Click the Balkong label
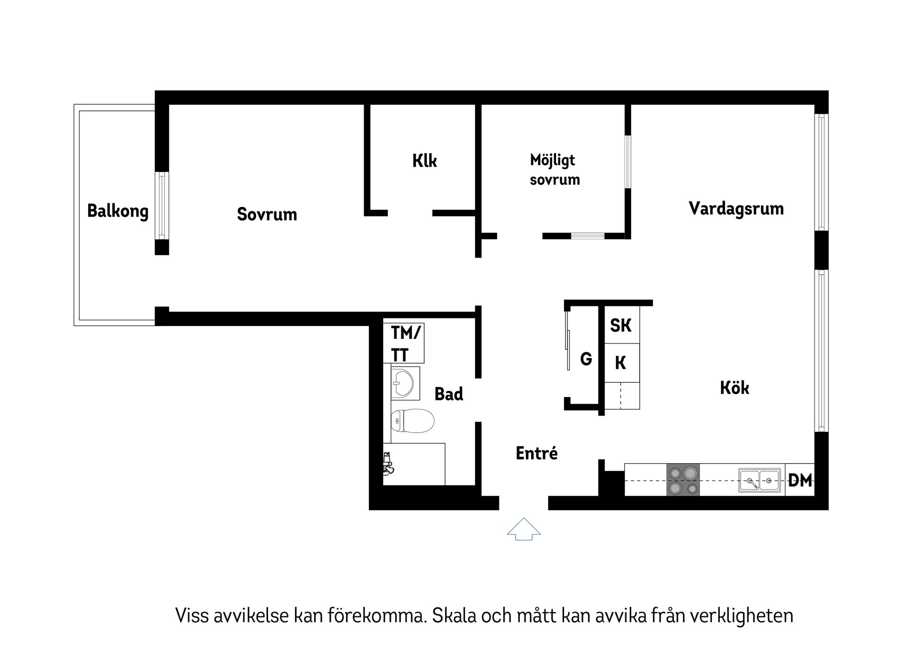tap(118, 211)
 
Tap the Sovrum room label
tap(267, 214)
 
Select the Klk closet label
tap(424, 161)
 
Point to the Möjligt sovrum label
tap(555, 170)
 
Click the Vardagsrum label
tap(736, 209)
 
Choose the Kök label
tap(734, 388)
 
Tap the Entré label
tap(536, 453)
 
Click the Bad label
tap(448, 394)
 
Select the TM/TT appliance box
tap(404, 343)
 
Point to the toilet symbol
tap(412, 420)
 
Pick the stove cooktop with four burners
tap(683, 480)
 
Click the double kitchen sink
tap(759, 480)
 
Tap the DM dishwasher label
tap(800, 481)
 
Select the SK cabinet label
tap(621, 326)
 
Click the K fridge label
tap(620, 363)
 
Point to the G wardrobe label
tap(586, 358)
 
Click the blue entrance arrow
tap(524, 529)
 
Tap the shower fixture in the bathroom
tap(387, 464)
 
